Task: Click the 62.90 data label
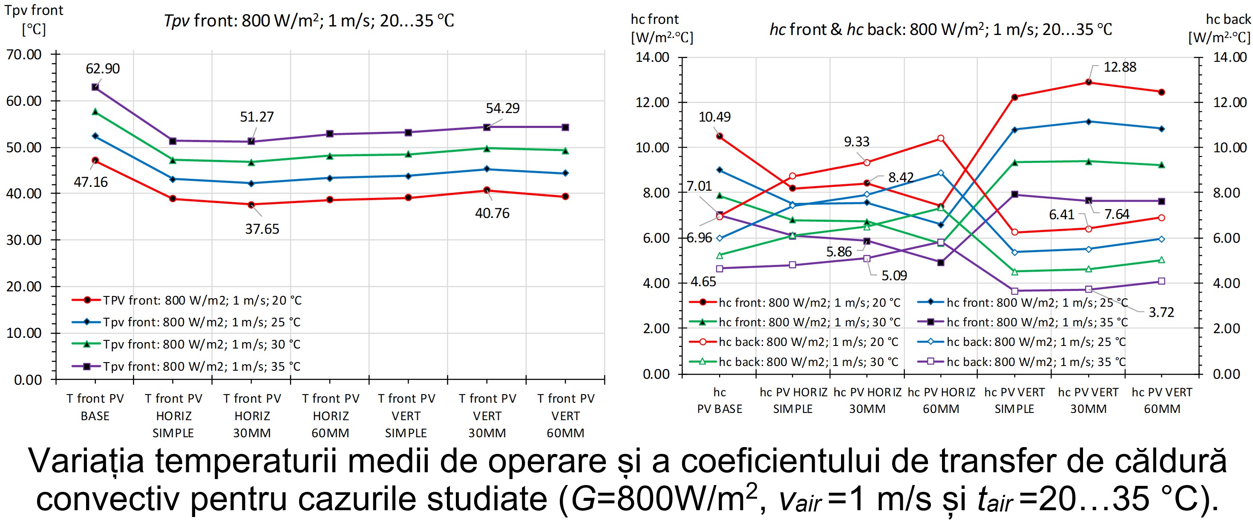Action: [x=103, y=69]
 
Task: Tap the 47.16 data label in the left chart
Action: [x=90, y=182]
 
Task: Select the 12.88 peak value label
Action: [x=1120, y=67]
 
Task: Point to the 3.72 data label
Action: [x=1161, y=312]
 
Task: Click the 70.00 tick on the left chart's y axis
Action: [x=24, y=55]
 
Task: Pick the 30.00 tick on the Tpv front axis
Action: [x=24, y=240]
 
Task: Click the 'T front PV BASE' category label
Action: [x=95, y=407]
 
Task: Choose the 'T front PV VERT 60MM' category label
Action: [x=566, y=415]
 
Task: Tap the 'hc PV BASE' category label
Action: [x=720, y=400]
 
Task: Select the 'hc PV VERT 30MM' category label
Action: [x=1088, y=400]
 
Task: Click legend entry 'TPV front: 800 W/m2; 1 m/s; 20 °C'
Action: [x=202, y=300]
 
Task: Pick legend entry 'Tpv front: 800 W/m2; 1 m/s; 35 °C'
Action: [x=202, y=366]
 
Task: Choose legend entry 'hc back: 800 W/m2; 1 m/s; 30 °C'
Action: [x=808, y=362]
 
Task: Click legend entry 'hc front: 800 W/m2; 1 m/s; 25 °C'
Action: [x=1037, y=302]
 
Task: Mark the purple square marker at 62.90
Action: [x=95, y=87]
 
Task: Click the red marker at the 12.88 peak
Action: [x=1089, y=82]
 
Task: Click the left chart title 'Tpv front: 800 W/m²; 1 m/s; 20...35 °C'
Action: [x=309, y=20]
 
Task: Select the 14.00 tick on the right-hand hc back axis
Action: [x=1230, y=57]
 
